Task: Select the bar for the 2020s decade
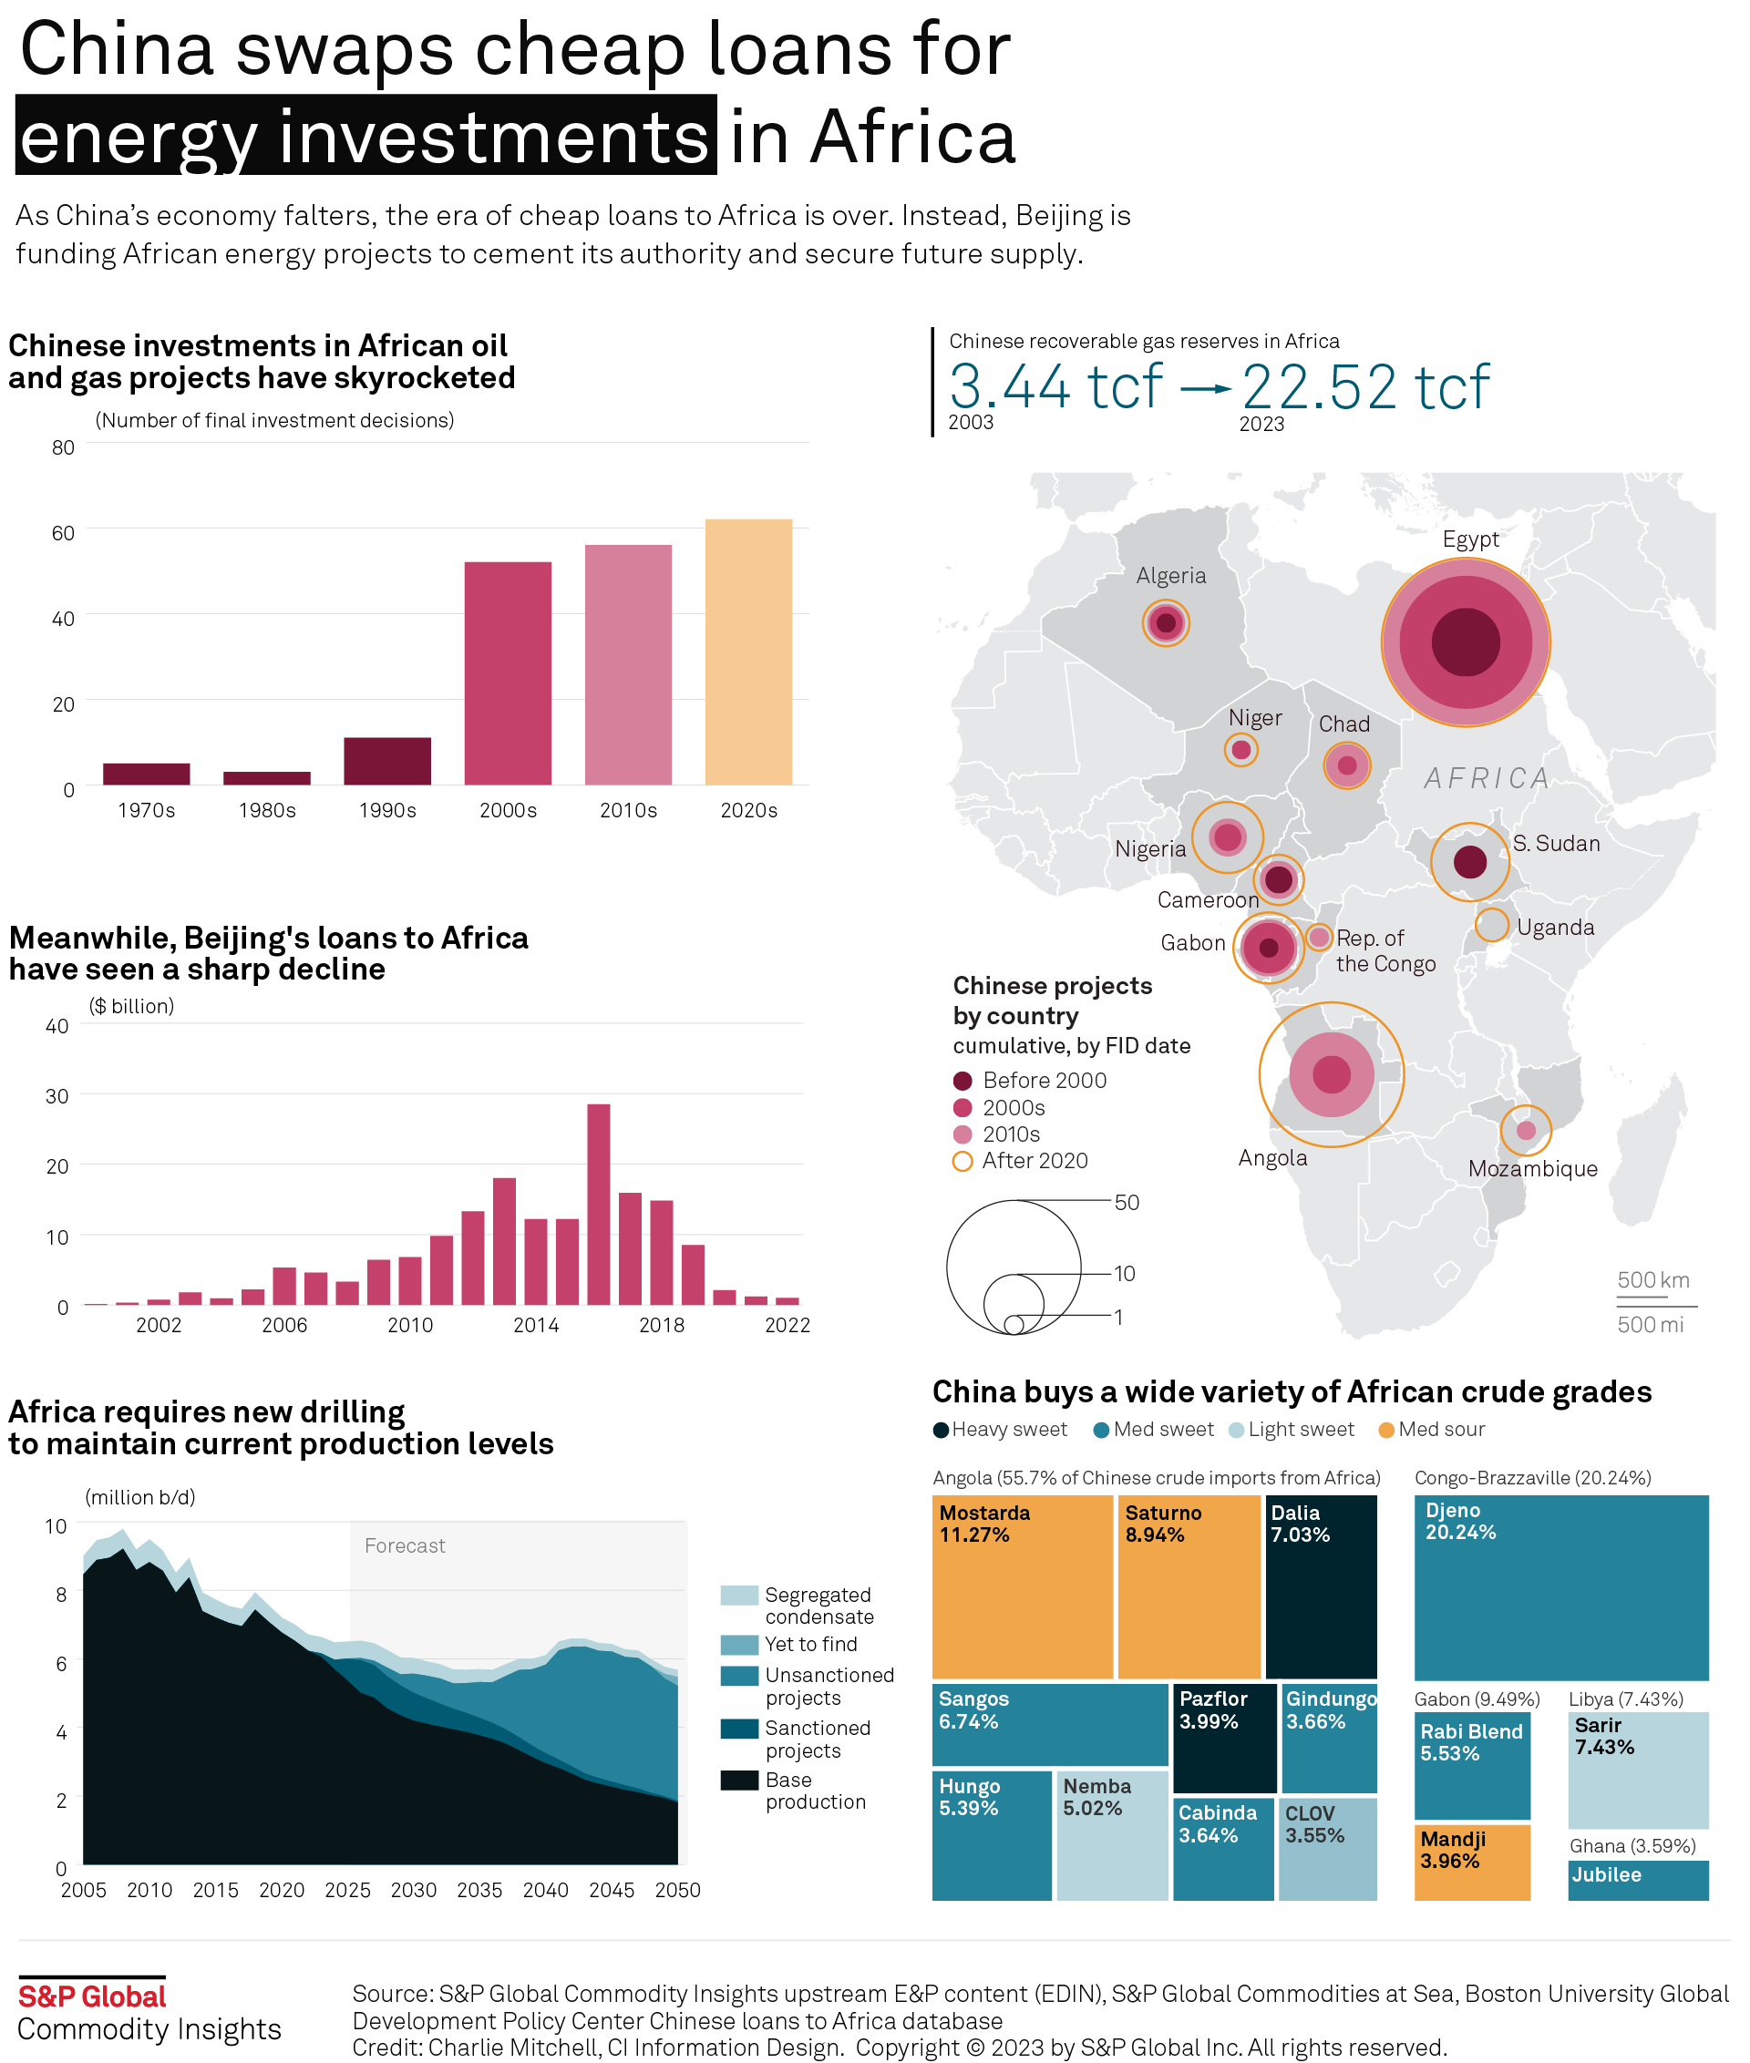click(x=748, y=652)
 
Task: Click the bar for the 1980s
click(x=267, y=778)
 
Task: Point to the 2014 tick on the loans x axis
click(x=536, y=1325)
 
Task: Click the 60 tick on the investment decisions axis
click(x=64, y=534)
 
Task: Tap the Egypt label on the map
click(x=1470, y=539)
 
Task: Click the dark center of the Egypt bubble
click(x=1466, y=642)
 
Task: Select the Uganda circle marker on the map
click(x=1491, y=923)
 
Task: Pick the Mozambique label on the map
click(x=1533, y=1168)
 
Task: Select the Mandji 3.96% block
click(x=1471, y=1862)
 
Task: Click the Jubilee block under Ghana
click(x=1637, y=1879)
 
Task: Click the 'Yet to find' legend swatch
click(x=739, y=1645)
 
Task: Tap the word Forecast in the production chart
click(x=405, y=1545)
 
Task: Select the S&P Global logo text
click(x=92, y=1996)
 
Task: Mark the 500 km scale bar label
click(x=1652, y=1279)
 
